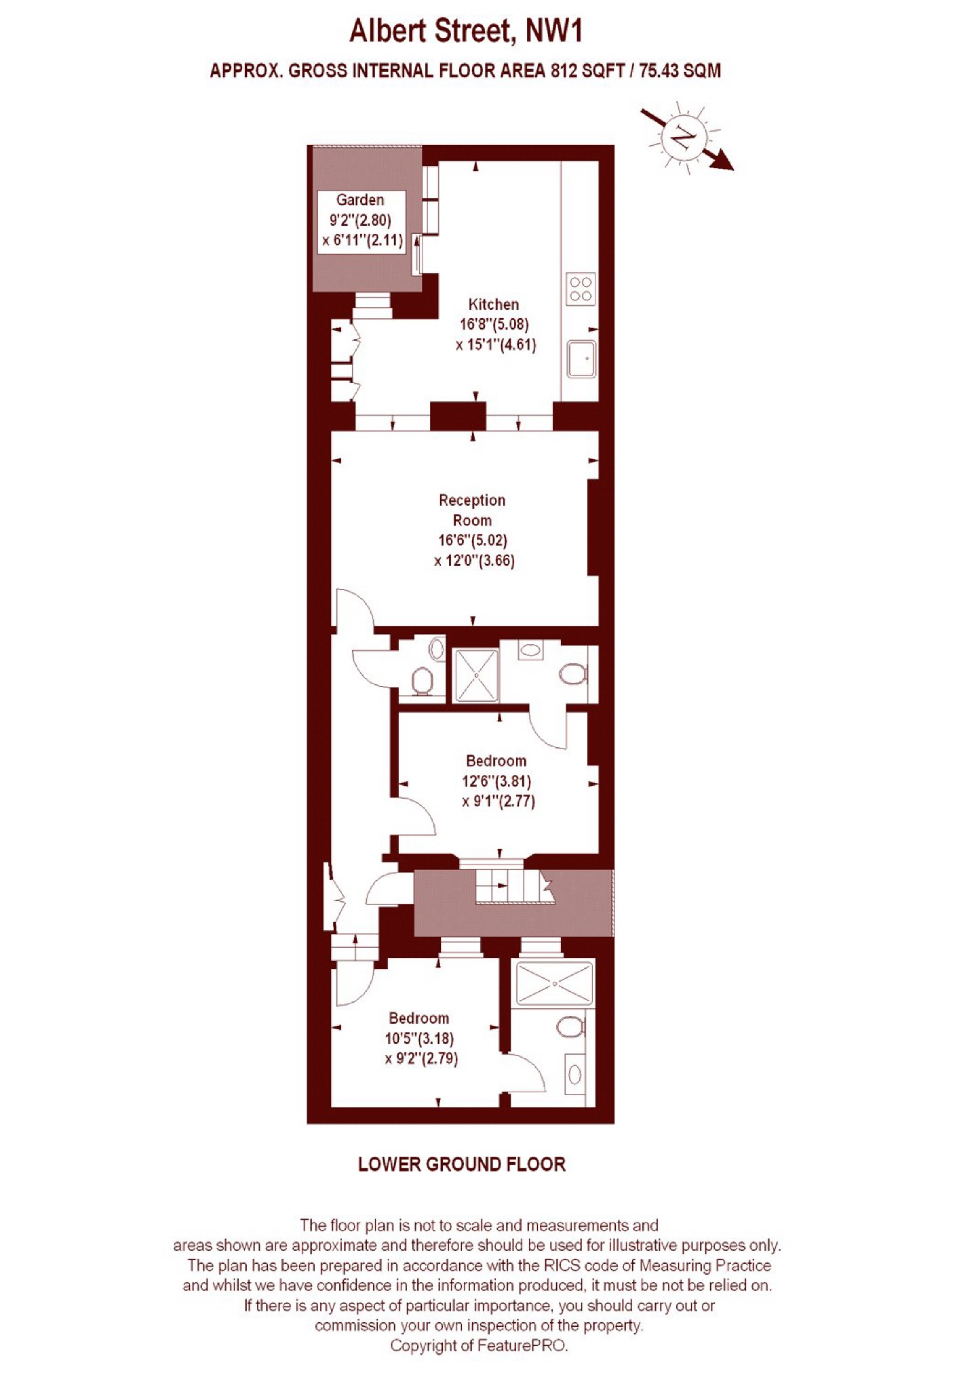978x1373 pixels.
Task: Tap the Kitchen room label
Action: coord(494,304)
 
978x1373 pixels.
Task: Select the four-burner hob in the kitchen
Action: coord(581,289)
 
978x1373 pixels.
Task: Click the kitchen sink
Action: coord(581,358)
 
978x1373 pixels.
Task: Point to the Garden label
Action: coord(360,200)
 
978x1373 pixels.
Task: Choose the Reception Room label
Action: coord(472,510)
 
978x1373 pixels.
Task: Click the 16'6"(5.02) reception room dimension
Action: coord(473,540)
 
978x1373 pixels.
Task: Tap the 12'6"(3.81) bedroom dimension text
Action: coord(496,781)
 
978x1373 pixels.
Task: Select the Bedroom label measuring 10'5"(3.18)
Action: coord(419,1018)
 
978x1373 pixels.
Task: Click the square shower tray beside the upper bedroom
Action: coord(475,675)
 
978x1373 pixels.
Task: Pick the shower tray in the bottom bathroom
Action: coord(554,983)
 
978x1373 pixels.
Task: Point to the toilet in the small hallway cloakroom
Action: coord(422,680)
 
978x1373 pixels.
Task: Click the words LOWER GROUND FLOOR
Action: coord(462,1164)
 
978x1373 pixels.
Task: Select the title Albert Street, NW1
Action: coord(466,31)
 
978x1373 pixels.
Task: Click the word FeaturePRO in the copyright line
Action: coord(522,1345)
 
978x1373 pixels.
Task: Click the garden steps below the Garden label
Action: coord(372,306)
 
